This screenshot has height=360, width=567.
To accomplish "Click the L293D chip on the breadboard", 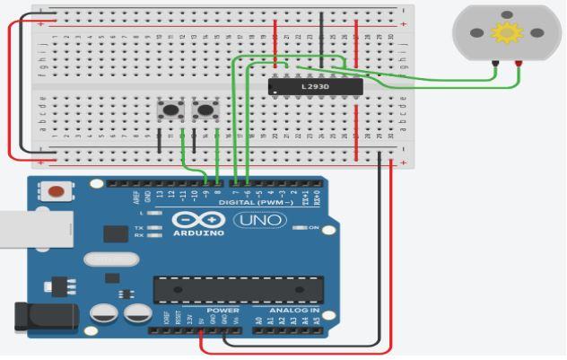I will (315, 85).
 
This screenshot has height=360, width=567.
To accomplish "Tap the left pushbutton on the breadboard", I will (170, 110).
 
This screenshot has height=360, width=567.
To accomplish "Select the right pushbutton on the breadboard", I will (207, 110).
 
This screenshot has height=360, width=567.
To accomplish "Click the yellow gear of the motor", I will (508, 34).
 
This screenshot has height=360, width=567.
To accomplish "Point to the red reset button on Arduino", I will (57, 191).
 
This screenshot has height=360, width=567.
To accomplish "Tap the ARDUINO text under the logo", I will (193, 233).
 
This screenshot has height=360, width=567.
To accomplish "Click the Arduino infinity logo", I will (193, 219).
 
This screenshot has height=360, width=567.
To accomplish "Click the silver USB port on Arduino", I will (27, 228).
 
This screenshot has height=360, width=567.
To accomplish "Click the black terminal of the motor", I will (494, 62).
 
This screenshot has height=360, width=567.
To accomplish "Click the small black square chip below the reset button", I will (115, 233).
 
